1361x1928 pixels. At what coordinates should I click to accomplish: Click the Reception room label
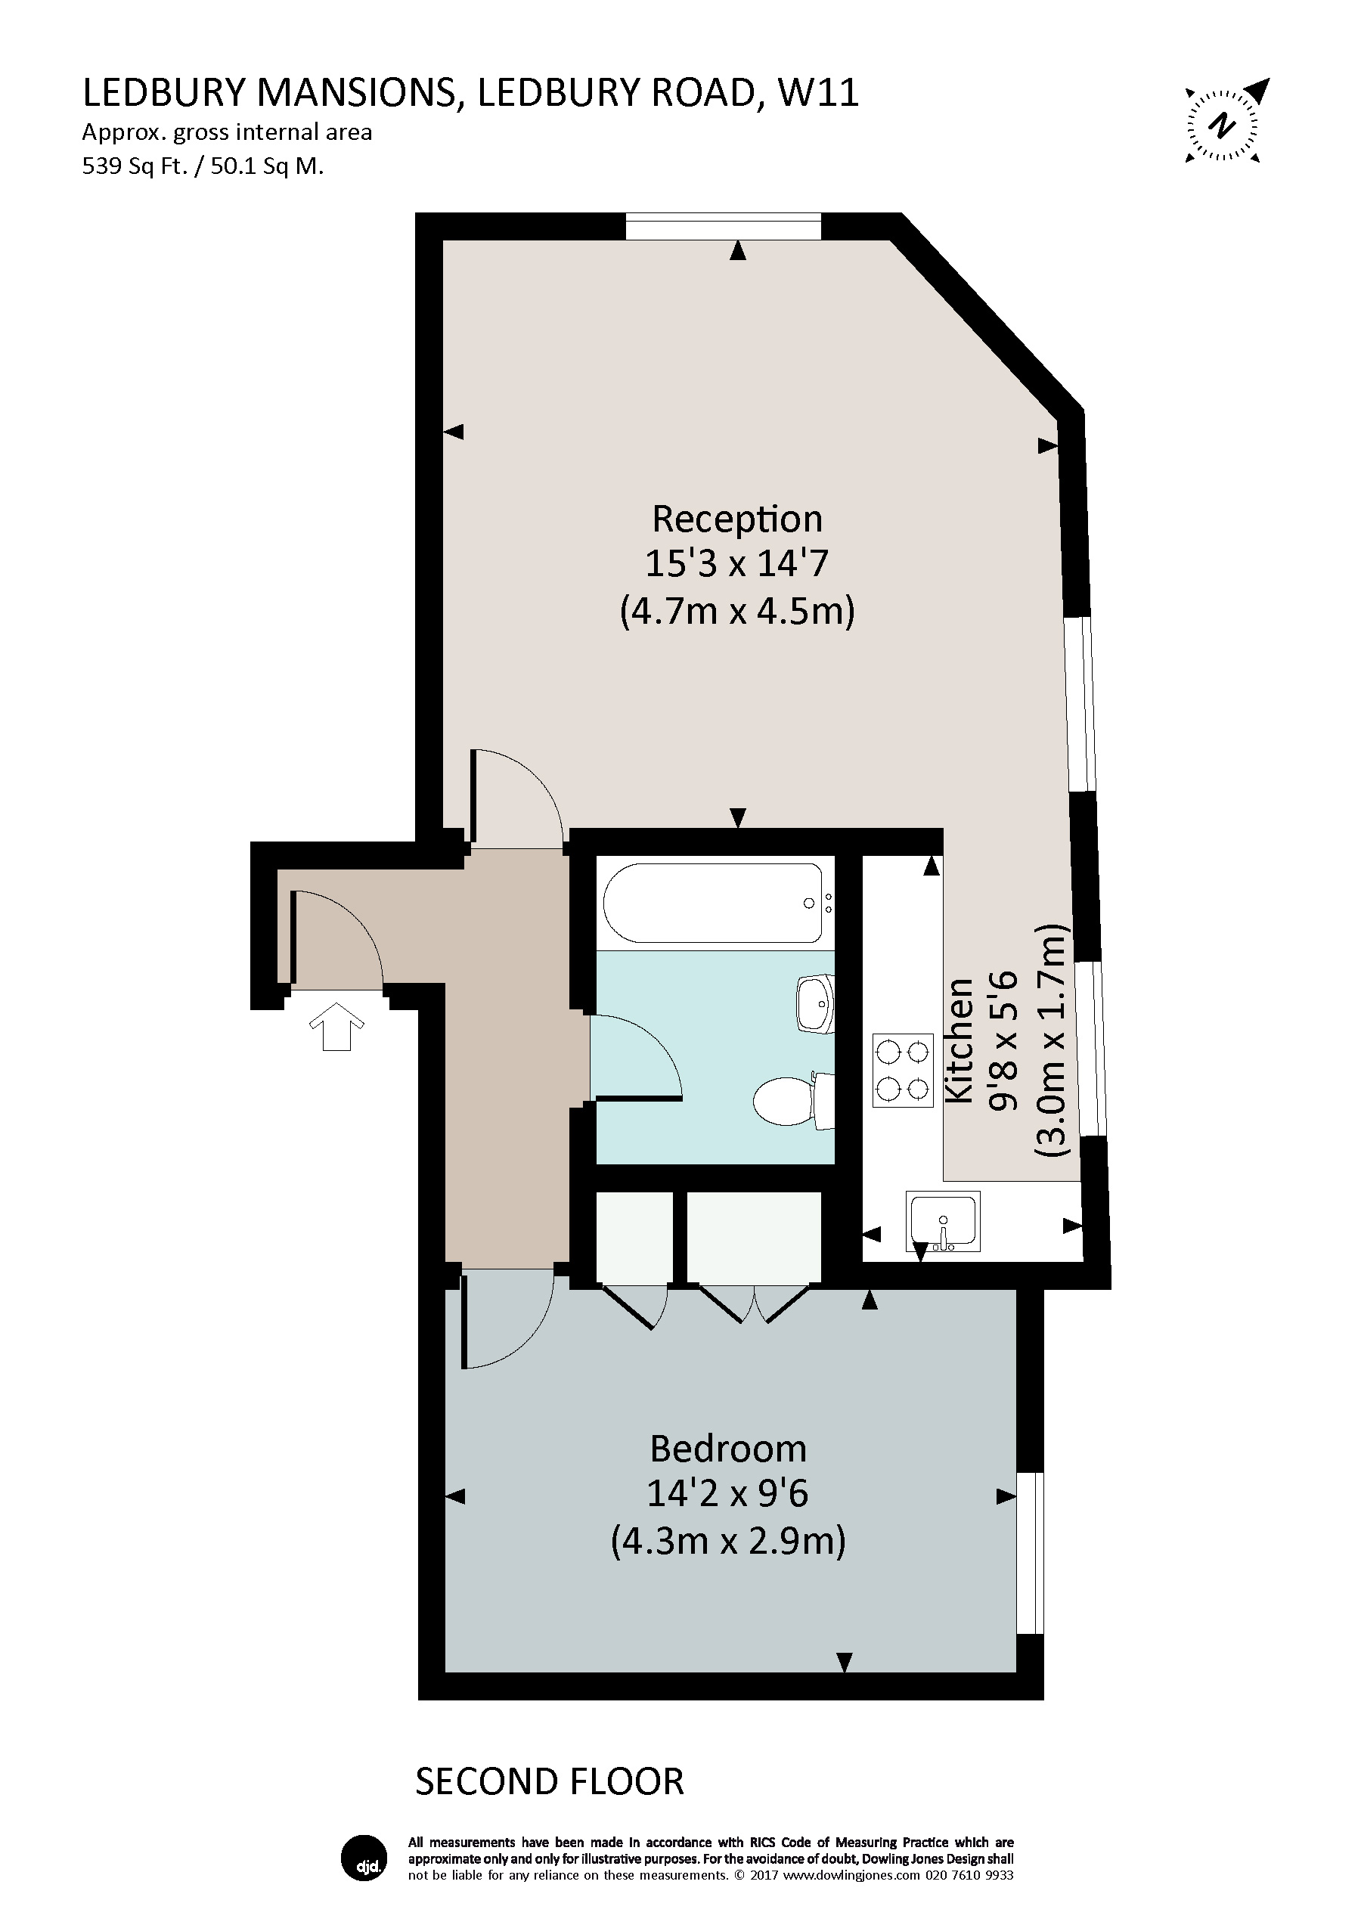click(x=737, y=519)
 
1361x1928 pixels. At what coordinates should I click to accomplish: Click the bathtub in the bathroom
click(x=714, y=903)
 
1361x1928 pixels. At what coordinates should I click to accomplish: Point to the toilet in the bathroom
click(x=789, y=1101)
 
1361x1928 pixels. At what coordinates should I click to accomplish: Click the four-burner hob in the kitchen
click(x=903, y=1070)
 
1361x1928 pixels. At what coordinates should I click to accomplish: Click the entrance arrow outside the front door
click(x=336, y=1025)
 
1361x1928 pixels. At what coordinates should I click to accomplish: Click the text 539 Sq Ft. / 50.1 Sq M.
click(x=203, y=166)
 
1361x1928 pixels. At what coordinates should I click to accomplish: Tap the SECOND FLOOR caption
click(x=549, y=1781)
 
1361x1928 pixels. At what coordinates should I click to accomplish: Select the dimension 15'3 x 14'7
click(x=736, y=563)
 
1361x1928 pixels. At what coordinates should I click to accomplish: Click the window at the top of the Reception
click(x=723, y=226)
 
